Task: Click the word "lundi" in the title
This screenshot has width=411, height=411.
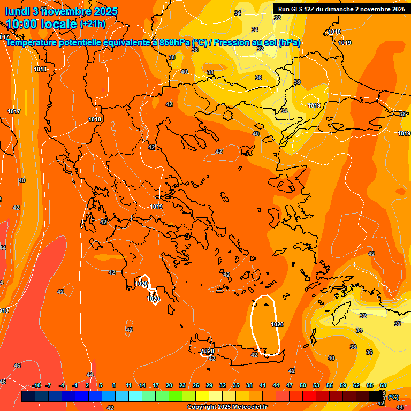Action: tap(18, 11)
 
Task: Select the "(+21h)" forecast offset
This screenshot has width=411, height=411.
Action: tap(93, 24)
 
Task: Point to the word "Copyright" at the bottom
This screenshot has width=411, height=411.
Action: tap(203, 407)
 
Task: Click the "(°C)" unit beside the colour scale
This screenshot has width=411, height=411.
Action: tap(393, 397)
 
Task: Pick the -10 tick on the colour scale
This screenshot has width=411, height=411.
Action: tap(36, 385)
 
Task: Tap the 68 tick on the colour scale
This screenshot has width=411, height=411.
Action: tap(383, 385)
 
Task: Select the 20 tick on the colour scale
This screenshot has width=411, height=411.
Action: tap(169, 385)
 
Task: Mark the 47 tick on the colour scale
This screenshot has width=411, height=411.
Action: tap(290, 385)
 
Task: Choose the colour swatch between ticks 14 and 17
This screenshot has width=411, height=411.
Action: tap(149, 397)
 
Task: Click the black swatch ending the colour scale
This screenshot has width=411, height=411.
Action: tap(376, 397)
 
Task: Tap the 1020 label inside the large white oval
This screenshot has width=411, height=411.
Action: tap(277, 324)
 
